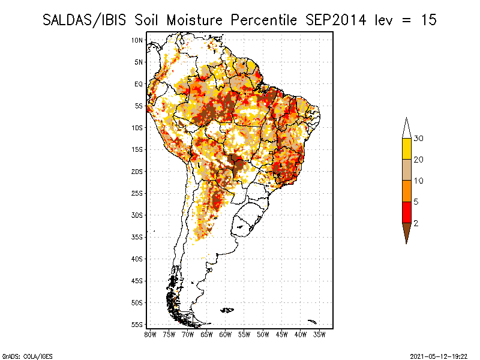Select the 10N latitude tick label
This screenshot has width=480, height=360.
137,40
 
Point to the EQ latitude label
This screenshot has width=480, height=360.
138,84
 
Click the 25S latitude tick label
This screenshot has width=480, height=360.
137,193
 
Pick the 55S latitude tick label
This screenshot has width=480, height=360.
137,325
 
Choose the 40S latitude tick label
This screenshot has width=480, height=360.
137,259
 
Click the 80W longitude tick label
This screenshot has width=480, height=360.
150,334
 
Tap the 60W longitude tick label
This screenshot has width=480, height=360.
225,334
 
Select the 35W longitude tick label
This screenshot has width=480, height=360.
319,334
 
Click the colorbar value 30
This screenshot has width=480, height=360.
419,139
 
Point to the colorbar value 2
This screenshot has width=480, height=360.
416,223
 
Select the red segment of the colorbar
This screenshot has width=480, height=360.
407,212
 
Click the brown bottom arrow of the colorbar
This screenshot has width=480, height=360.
407,232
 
